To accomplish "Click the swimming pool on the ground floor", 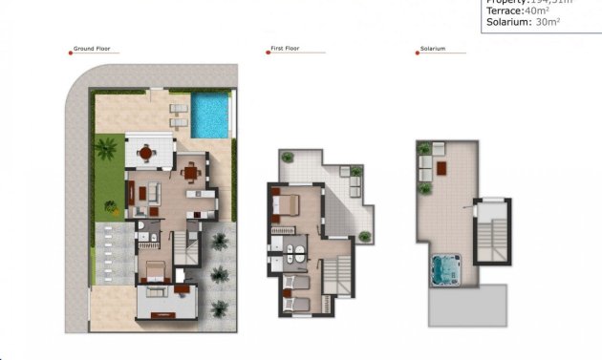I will (x=209, y=115).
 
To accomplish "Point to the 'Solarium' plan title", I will (x=433, y=51).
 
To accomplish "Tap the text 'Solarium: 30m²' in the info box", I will (x=524, y=22).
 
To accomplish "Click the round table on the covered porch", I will (x=145, y=152).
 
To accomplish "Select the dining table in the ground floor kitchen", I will (x=190, y=172).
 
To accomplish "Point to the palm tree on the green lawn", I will (x=105, y=149).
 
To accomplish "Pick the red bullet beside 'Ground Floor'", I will (x=71, y=51).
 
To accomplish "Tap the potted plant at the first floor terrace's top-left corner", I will (x=284, y=157).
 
